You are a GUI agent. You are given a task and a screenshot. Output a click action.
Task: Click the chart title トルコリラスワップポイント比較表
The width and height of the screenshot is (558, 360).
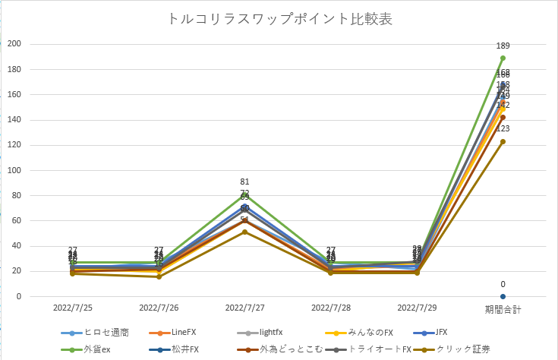279,19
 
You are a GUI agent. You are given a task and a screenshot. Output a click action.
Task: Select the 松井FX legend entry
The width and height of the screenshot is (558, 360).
179,349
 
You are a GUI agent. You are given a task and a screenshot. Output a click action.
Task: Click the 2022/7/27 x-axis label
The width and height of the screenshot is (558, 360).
244,309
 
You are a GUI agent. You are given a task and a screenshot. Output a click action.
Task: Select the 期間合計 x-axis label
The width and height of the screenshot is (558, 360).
503,309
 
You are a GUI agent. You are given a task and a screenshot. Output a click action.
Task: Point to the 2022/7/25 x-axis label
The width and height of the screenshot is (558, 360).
73,309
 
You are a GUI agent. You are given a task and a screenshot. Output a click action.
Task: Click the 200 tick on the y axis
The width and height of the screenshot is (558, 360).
14,44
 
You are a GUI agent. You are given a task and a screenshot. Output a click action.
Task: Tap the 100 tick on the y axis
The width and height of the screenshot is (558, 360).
14,170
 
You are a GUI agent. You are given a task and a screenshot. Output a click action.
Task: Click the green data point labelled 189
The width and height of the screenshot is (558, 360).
503,58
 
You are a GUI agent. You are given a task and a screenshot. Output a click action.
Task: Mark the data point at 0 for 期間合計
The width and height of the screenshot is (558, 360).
503,296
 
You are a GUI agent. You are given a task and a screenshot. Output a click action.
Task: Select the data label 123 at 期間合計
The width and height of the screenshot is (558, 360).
503,129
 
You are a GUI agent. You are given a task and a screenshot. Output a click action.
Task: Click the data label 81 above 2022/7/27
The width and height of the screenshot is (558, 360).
244,182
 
